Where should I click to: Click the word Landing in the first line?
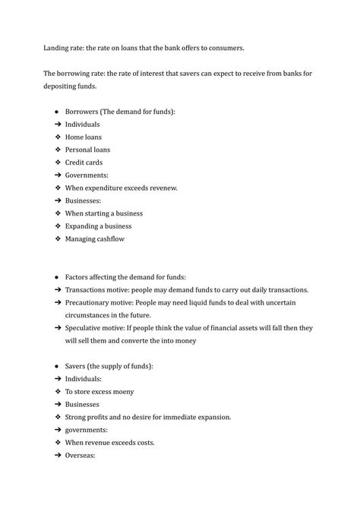point(55,49)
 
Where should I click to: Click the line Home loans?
point(84,137)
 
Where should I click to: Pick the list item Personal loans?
point(88,150)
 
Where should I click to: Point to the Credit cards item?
point(84,162)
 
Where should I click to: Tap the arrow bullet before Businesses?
point(58,200)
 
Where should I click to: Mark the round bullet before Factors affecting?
point(58,277)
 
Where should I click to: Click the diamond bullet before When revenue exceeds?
point(58,443)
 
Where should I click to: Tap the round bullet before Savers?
point(58,366)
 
